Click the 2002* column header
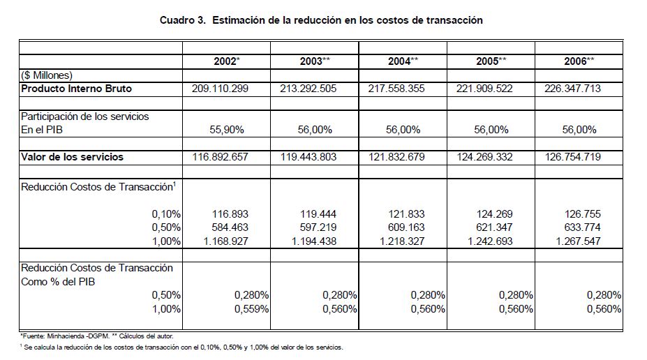pos(226,61)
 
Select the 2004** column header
pos(403,61)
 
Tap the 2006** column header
pos(579,61)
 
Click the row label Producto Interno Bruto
pos(77,89)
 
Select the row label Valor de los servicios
pos(72,157)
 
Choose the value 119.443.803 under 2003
pos(308,157)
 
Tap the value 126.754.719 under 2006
pos(572,157)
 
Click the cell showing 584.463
pos(230,227)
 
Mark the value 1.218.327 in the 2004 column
pos(396,241)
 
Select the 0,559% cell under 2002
pos(252,309)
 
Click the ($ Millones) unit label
pos(47,75)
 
